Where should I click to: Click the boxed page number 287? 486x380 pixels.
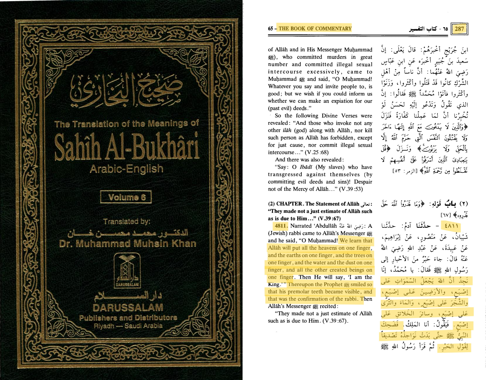coord(459,29)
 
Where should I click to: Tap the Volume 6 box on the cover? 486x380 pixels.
coord(126,197)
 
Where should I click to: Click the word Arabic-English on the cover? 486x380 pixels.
coord(126,169)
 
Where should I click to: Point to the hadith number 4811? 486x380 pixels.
coord(281,226)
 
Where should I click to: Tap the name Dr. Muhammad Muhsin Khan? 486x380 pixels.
coord(127,244)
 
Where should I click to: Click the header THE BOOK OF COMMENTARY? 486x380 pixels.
coord(315,28)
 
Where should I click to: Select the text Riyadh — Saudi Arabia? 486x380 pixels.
coord(128,326)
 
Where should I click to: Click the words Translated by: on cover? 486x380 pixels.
coord(127,222)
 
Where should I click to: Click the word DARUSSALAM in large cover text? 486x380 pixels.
coord(128,307)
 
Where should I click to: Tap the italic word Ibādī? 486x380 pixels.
coord(306,167)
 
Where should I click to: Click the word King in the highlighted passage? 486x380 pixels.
coord(274,284)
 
